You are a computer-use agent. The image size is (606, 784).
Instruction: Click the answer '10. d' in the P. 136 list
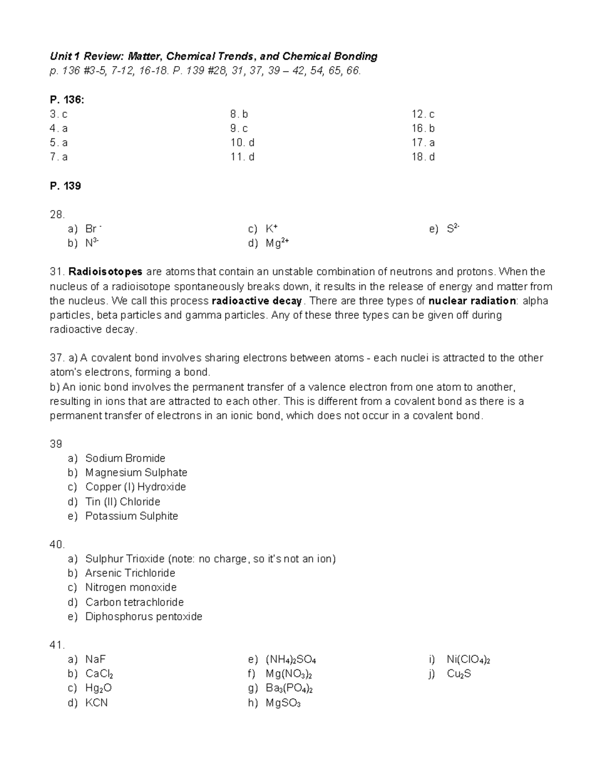242,142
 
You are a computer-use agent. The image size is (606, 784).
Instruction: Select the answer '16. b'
423,128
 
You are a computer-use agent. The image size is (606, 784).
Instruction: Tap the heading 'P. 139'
65,186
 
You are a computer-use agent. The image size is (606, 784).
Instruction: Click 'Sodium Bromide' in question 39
125,458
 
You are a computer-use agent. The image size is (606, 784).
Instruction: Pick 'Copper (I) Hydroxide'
135,487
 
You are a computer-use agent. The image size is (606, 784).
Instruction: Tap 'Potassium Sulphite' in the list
131,516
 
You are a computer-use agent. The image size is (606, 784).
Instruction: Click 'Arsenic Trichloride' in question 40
130,573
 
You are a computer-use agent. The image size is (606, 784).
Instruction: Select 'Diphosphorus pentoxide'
143,616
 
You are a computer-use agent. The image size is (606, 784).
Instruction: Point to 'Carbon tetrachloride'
134,602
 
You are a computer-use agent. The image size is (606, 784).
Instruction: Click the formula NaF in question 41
95,659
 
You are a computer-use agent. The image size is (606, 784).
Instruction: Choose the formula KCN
96,703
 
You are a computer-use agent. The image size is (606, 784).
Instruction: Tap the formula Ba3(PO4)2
289,689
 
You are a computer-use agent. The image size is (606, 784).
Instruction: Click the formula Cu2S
459,674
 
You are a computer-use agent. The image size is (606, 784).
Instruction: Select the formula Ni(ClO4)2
468,659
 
